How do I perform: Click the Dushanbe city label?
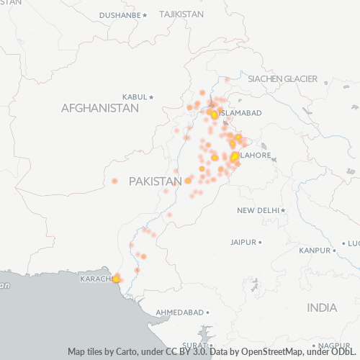[x=120, y=14]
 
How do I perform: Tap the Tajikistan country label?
[x=181, y=14]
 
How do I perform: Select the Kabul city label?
[x=135, y=96]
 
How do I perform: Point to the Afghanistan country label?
[x=100, y=108]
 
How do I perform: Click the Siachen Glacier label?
[x=283, y=78]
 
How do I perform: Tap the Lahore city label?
[x=256, y=155]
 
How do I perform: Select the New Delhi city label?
[x=259, y=210]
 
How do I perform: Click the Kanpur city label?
[x=314, y=251]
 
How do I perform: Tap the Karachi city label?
[x=95, y=279]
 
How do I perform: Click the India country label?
[x=322, y=307]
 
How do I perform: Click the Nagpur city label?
[x=337, y=345]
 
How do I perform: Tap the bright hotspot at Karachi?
[x=116, y=279]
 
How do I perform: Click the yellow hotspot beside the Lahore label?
[x=235, y=155]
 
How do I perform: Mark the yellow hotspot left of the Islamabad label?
[x=214, y=114]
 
